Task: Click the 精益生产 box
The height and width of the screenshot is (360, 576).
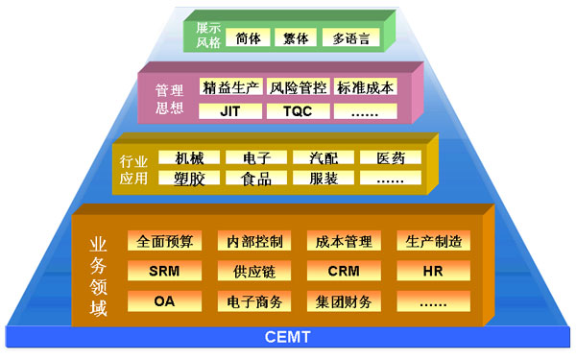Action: (x=230, y=87)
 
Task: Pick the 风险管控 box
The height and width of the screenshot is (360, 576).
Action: (x=298, y=87)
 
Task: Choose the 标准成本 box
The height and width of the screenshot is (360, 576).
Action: (x=365, y=87)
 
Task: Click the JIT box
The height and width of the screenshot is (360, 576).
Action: (x=230, y=110)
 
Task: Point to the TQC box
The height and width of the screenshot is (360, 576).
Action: (x=298, y=110)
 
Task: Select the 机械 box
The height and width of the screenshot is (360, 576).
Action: (x=189, y=157)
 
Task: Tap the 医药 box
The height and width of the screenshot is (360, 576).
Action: (x=390, y=157)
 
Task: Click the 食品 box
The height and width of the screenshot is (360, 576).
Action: (x=256, y=179)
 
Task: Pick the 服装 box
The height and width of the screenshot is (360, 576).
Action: (x=323, y=179)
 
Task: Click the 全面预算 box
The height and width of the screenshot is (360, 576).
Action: (x=164, y=241)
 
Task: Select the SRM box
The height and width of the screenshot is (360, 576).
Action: (x=164, y=271)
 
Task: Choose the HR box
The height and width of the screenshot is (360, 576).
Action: (x=433, y=271)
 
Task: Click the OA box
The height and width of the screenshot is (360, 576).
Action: (x=164, y=301)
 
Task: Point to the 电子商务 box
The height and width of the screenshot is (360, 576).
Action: (x=254, y=301)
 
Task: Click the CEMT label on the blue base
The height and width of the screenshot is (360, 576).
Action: (x=287, y=339)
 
